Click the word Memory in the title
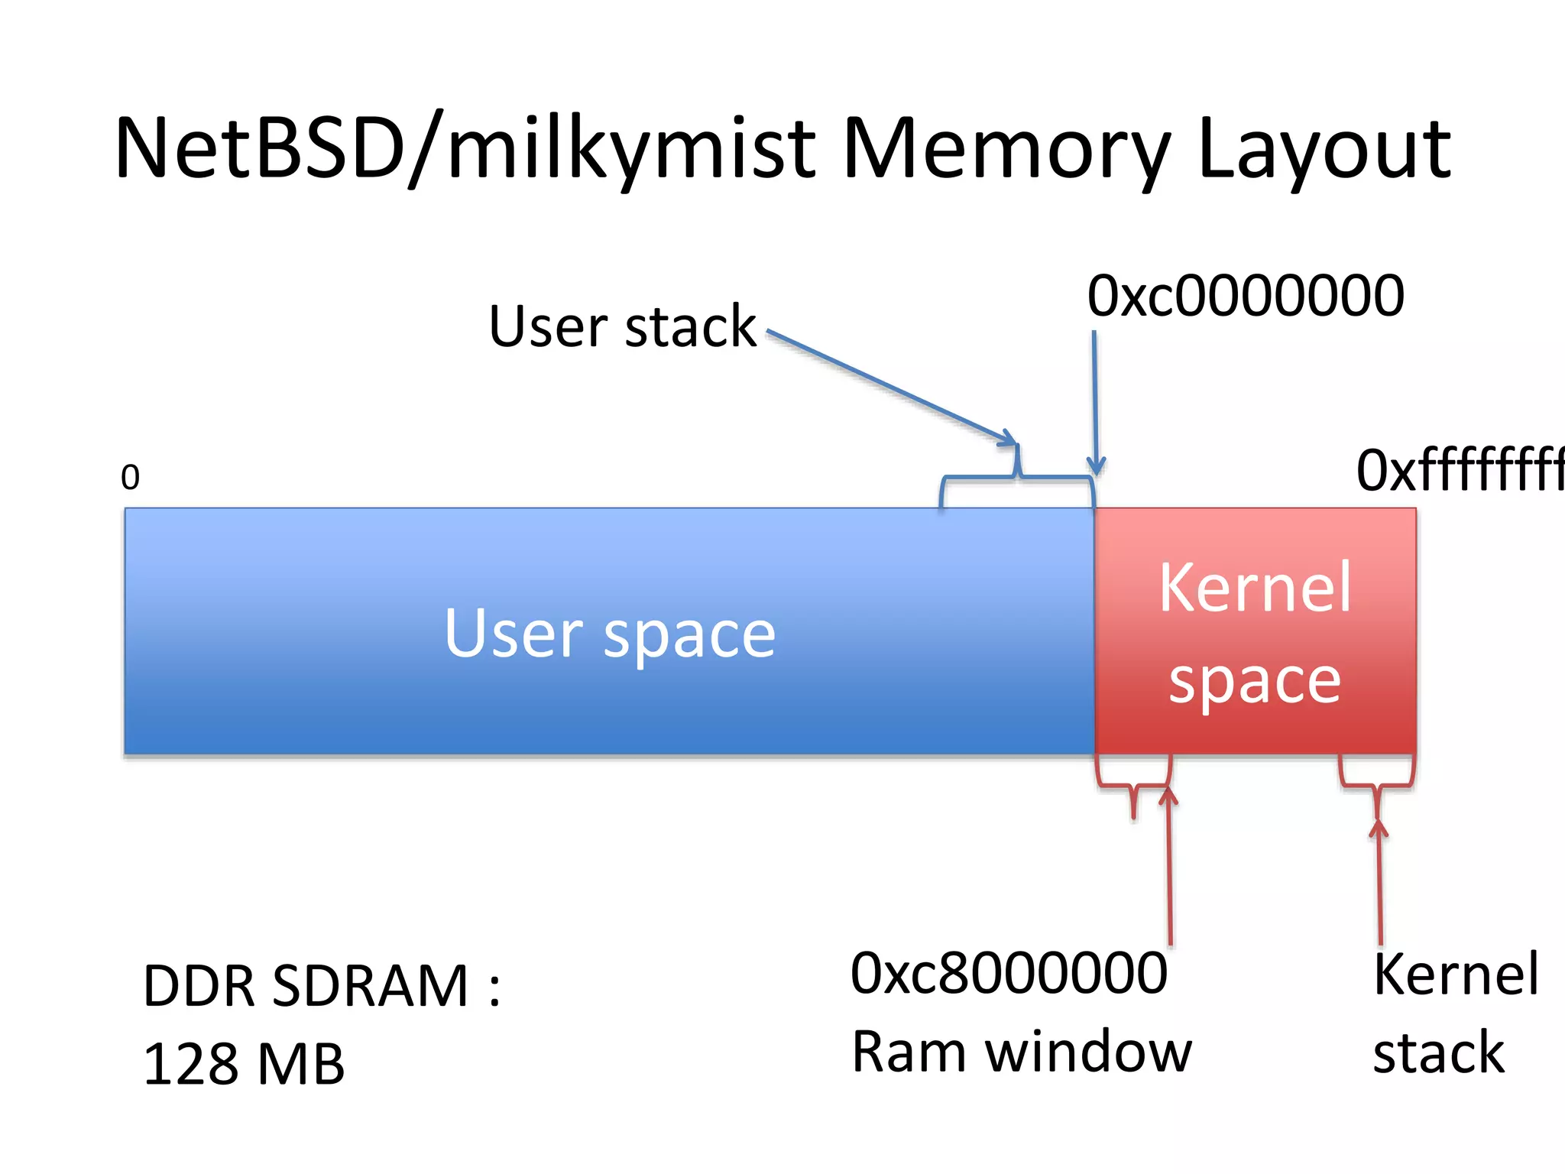click(x=1006, y=149)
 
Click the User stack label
click(x=622, y=327)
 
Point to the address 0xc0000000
click(x=1245, y=297)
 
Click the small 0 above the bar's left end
click(x=131, y=478)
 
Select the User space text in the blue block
click(x=609, y=634)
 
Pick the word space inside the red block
click(x=1255, y=680)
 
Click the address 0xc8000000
click(x=1009, y=974)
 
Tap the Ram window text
click(x=1021, y=1052)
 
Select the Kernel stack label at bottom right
click(x=1454, y=1013)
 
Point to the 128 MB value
click(x=244, y=1064)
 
